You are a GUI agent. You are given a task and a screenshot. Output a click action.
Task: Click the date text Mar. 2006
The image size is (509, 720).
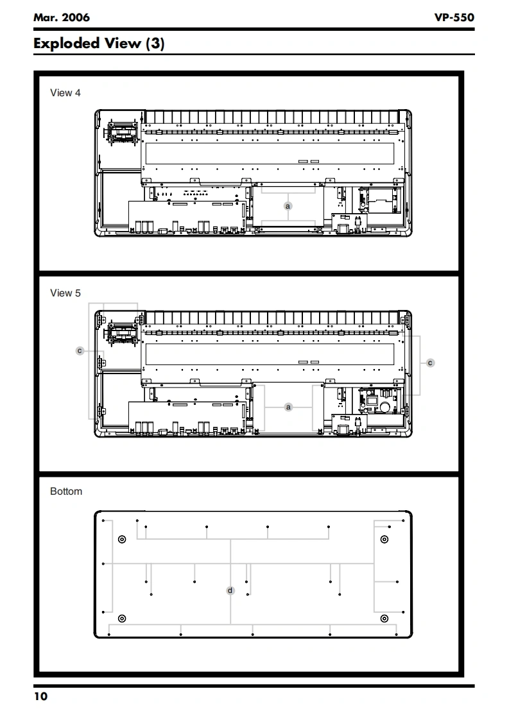tap(62, 17)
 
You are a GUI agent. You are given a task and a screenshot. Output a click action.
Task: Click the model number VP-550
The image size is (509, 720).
tap(454, 17)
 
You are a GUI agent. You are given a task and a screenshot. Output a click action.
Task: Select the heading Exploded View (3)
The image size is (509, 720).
tap(99, 44)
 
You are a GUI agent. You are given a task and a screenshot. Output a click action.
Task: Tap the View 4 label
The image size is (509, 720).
tap(65, 93)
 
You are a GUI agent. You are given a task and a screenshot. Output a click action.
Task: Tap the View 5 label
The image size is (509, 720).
tap(65, 293)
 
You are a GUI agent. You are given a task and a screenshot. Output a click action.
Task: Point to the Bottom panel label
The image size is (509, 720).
tap(66, 492)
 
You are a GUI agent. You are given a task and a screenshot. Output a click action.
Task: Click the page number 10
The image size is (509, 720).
tap(40, 697)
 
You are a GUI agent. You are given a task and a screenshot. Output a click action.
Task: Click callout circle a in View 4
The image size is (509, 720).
tap(288, 206)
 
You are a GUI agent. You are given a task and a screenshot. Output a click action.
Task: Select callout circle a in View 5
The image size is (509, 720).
tap(288, 407)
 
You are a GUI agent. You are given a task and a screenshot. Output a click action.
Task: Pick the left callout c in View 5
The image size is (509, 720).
tap(80, 351)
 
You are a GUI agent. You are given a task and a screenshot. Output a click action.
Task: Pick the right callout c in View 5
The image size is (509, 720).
tap(430, 363)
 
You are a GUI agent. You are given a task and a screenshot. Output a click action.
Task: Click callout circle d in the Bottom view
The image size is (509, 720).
tap(231, 590)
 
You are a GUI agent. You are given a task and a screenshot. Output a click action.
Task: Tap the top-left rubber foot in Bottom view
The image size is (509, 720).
tap(122, 539)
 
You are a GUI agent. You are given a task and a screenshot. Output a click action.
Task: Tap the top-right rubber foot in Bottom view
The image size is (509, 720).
tap(384, 539)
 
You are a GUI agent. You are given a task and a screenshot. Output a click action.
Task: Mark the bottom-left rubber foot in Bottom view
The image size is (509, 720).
tap(123, 619)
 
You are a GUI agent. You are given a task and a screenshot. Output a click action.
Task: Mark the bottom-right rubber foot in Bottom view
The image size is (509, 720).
tap(384, 619)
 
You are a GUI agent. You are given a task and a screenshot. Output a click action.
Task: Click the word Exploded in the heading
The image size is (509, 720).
tap(74, 44)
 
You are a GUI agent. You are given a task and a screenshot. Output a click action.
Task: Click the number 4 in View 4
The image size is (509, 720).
tap(78, 93)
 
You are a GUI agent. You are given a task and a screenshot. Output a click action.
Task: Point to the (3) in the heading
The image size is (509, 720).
tap(155, 44)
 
